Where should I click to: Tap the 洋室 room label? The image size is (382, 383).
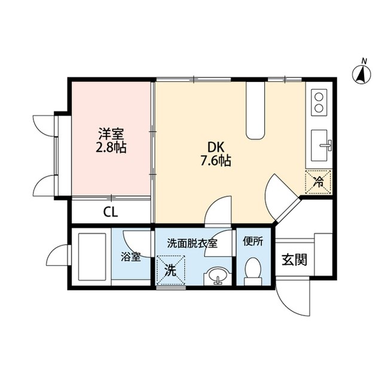(x=111, y=134)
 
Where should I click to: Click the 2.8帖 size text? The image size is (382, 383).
(x=111, y=147)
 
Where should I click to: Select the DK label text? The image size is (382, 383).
(x=216, y=148)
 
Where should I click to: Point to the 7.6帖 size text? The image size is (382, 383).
(x=216, y=161)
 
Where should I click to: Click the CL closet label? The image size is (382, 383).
(x=111, y=212)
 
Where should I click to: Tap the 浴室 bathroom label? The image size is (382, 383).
(x=131, y=257)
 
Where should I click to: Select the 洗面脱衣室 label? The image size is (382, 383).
(x=192, y=244)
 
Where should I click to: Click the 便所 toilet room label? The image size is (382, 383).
(x=253, y=242)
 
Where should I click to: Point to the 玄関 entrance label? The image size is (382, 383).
(x=294, y=260)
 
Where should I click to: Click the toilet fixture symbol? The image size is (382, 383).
(x=253, y=271)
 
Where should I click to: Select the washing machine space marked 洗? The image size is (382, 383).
(x=170, y=270)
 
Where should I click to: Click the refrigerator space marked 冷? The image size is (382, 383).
(x=318, y=182)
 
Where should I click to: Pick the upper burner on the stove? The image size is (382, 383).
(x=319, y=97)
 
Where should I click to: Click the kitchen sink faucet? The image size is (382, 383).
(x=326, y=145)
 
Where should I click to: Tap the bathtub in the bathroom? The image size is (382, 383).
(x=92, y=257)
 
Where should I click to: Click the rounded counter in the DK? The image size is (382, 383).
(x=255, y=110)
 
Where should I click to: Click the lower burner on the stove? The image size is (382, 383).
(x=319, y=108)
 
